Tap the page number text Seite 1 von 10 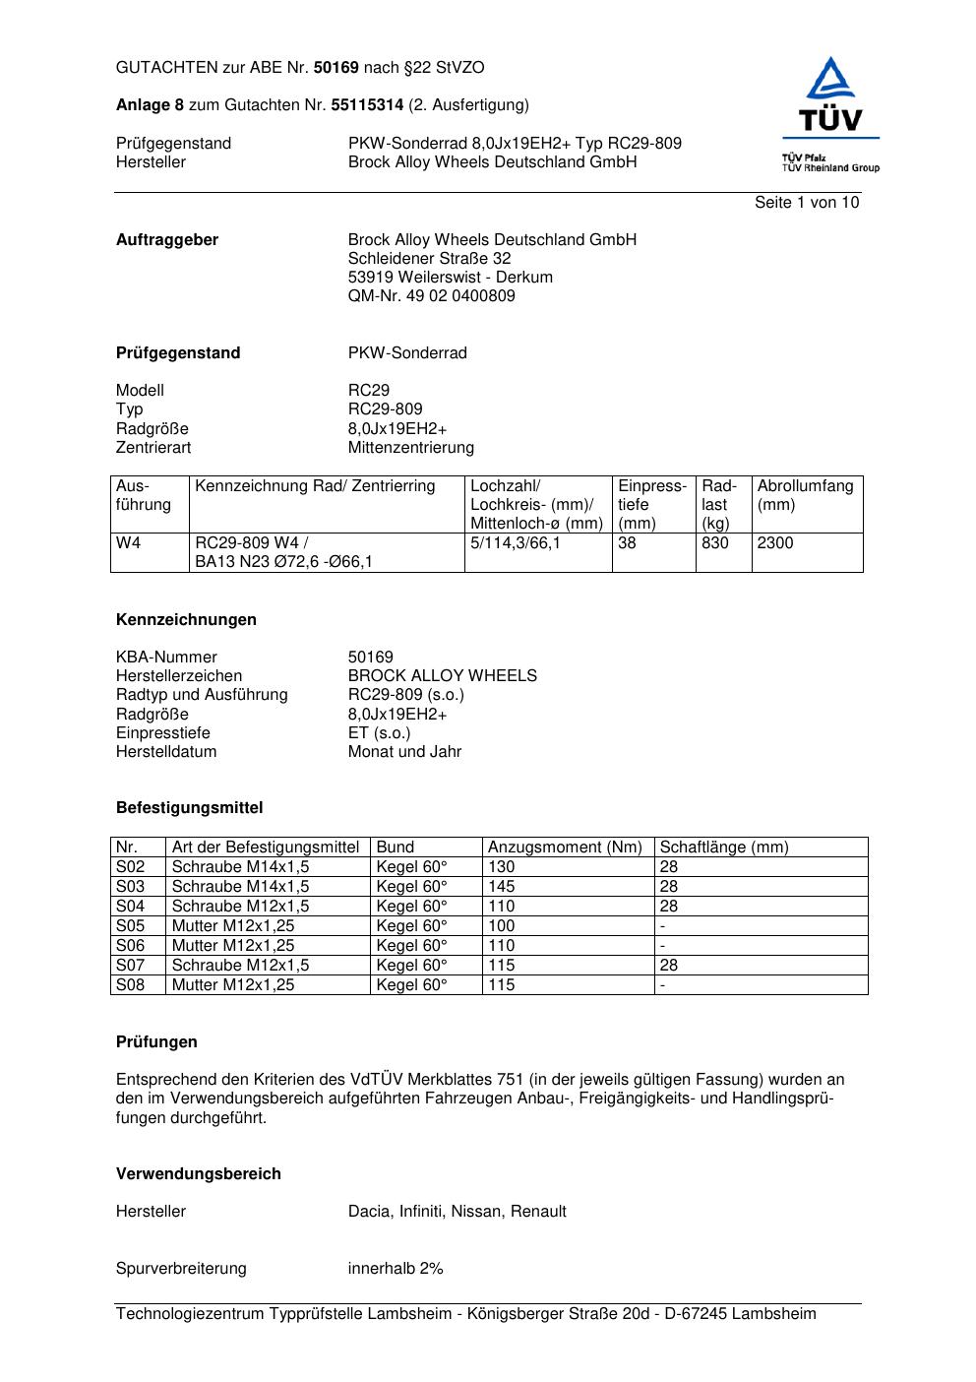(806, 203)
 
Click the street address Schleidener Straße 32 (429, 259)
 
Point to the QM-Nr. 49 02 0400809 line (431, 296)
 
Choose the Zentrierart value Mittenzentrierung (410, 448)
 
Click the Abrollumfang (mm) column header (805, 495)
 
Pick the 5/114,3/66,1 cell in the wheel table (515, 543)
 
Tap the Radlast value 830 (715, 543)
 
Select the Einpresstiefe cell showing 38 (628, 543)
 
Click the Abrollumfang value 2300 (775, 543)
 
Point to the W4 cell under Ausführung (129, 543)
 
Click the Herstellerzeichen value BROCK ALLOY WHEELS (442, 676)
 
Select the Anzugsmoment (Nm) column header (565, 848)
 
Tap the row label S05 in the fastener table (130, 926)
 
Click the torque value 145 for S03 (501, 887)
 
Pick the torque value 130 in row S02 (501, 867)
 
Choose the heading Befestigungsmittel (189, 808)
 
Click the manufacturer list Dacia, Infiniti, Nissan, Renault (457, 1212)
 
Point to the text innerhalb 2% (396, 1269)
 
